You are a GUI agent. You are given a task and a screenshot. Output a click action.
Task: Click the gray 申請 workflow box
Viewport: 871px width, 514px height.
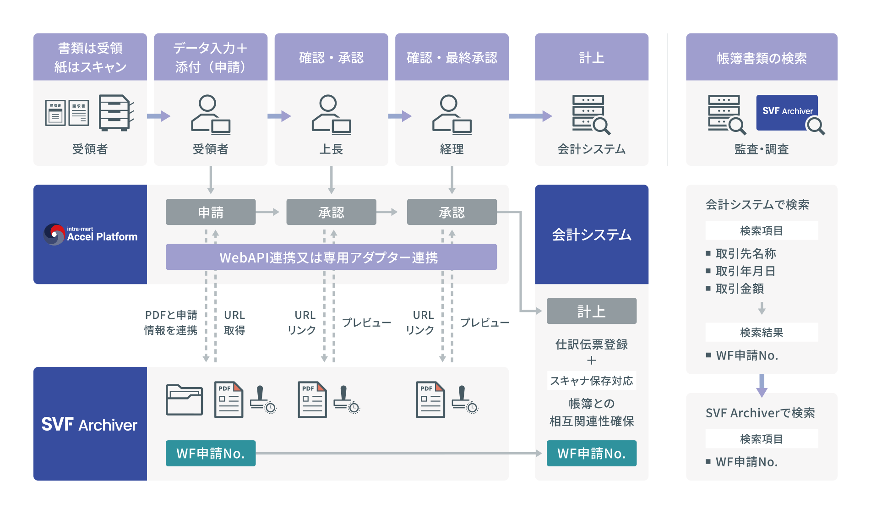211,212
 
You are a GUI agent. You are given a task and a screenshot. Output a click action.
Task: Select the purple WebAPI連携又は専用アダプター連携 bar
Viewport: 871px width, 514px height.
331,257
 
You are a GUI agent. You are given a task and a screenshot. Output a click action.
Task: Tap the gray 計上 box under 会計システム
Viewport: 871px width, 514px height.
591,311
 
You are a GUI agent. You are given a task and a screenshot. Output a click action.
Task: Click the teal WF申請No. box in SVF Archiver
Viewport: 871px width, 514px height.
211,453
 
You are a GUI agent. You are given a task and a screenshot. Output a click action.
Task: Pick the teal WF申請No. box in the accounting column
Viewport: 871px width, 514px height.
591,453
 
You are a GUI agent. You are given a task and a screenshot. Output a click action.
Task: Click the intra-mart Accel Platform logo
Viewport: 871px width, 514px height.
90,234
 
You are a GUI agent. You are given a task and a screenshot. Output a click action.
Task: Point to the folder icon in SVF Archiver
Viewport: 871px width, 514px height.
184,399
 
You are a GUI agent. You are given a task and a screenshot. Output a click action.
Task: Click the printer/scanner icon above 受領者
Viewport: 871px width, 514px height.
116,113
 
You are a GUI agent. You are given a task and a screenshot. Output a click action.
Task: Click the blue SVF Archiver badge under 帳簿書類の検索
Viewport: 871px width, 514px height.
787,112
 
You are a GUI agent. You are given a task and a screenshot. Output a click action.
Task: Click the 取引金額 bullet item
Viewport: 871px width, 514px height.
740,289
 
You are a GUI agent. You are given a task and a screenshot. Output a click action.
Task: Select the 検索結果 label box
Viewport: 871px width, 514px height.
761,332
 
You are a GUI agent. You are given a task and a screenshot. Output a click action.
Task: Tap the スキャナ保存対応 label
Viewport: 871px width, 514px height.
591,381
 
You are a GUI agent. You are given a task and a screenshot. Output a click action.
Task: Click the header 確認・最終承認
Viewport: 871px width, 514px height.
452,58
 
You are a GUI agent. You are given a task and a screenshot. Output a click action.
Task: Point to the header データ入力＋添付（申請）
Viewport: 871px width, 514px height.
211,58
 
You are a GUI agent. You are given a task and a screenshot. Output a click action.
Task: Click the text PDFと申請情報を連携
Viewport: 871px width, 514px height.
171,323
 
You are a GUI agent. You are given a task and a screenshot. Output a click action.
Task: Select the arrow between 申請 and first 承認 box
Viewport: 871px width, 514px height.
268,212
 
